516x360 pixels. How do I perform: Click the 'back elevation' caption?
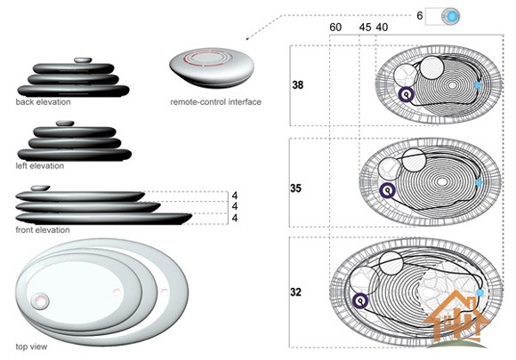43,102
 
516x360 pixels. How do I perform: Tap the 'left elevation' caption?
40,165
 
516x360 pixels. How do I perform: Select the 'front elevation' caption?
43,230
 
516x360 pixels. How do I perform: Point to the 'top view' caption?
32,347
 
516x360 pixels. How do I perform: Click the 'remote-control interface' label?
216,102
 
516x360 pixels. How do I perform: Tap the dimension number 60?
335,28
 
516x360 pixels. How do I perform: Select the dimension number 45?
365,28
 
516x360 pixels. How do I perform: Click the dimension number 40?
382,28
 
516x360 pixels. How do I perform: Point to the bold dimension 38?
297,85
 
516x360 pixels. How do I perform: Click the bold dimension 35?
296,188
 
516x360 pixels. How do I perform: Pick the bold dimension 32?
296,292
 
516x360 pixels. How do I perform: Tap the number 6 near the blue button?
420,15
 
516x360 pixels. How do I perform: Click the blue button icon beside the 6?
451,16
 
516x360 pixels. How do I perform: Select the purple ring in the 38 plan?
407,95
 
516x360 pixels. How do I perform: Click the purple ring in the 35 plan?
387,191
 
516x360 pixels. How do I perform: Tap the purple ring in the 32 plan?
360,300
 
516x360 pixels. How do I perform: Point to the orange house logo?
456,317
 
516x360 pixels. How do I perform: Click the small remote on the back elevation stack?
83,60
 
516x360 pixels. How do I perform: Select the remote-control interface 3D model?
212,68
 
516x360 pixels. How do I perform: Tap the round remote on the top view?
40,301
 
